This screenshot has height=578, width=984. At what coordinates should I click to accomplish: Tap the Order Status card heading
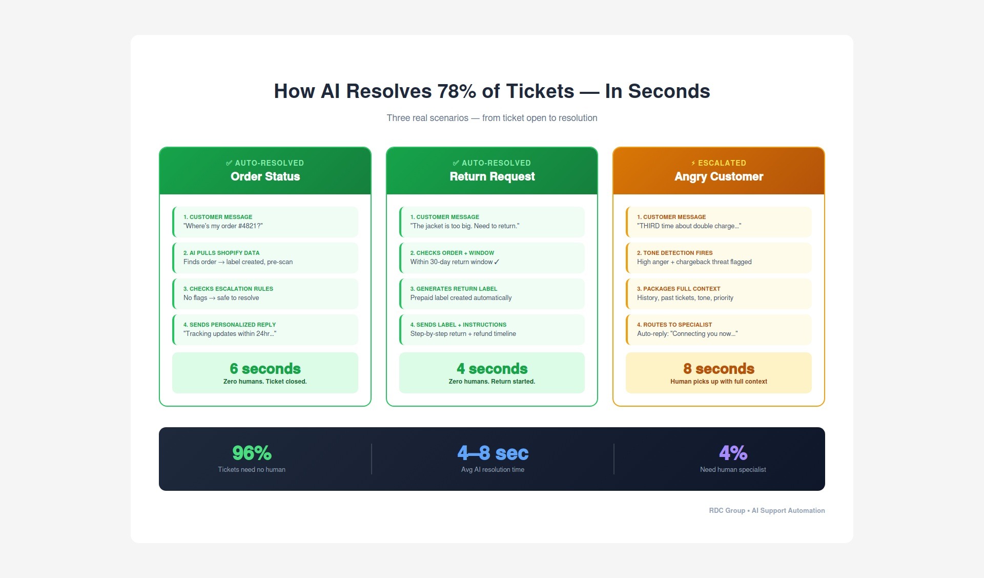[265, 176]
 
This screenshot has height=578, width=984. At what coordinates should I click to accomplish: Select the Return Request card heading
[492, 176]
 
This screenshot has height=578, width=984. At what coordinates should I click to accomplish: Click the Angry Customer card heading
[719, 176]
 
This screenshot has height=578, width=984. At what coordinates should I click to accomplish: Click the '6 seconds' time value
[265, 369]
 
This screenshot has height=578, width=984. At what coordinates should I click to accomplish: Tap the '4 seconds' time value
[492, 369]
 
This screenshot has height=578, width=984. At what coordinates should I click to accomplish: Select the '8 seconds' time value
[719, 369]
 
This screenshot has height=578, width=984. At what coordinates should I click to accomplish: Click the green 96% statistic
[252, 453]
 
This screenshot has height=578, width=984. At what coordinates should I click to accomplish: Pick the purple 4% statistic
[733, 453]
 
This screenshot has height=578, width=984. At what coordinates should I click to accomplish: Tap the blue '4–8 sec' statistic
[493, 453]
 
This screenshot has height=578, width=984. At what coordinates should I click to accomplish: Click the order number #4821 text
[249, 226]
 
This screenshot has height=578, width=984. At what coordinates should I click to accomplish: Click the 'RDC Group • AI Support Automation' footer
[767, 510]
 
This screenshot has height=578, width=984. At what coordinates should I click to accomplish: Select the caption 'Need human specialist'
[733, 470]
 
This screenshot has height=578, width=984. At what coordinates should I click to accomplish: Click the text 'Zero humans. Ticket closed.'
[265, 382]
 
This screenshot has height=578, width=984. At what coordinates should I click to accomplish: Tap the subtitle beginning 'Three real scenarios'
[492, 118]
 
